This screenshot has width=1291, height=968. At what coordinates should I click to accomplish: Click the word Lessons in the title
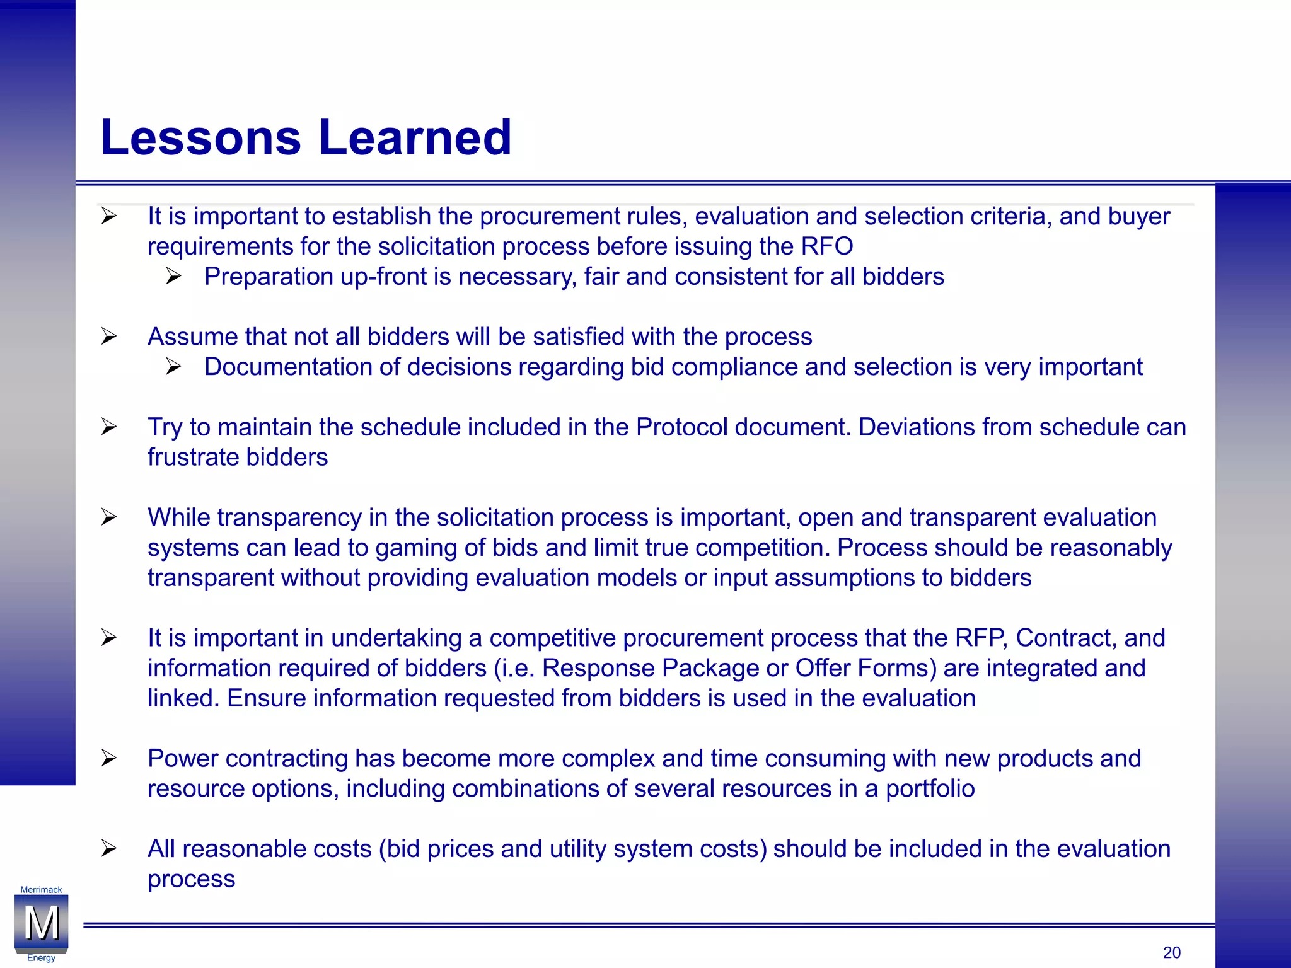click(x=200, y=137)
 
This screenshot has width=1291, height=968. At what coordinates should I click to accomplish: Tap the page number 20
click(x=1171, y=952)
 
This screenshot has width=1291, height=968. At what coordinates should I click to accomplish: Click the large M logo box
click(x=42, y=923)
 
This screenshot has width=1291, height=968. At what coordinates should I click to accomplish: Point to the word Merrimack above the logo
click(x=41, y=890)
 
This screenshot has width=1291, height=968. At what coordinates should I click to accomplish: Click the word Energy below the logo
click(x=41, y=958)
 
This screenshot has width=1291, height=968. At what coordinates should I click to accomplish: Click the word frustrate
click(x=193, y=458)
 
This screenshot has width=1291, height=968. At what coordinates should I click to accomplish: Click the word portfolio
click(x=930, y=789)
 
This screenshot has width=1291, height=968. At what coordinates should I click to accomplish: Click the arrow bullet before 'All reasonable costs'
click(x=109, y=849)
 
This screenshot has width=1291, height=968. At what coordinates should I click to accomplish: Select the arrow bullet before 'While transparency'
click(x=109, y=517)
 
